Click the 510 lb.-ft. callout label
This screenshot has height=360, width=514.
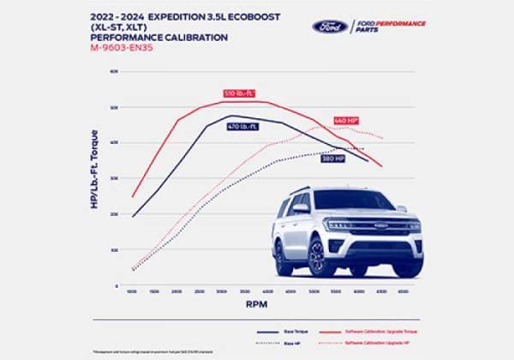coord(240,93)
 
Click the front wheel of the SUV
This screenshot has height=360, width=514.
coord(316,257)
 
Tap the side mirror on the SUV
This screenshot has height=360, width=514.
coord(301,208)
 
